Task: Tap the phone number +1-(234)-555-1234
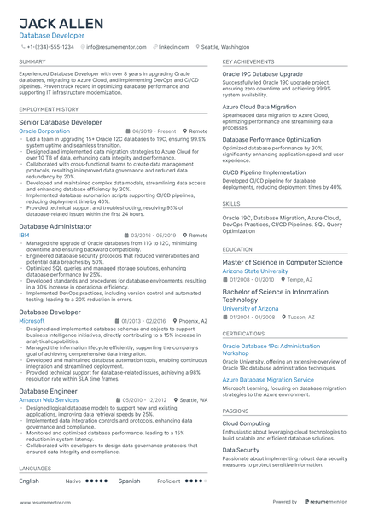(x=49, y=47)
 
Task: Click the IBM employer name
(x=24, y=234)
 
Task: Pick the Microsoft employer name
(x=32, y=321)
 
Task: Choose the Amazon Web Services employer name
(x=49, y=399)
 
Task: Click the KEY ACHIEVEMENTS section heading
(x=248, y=62)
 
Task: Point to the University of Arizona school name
(x=250, y=308)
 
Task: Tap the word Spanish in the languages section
(x=129, y=481)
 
